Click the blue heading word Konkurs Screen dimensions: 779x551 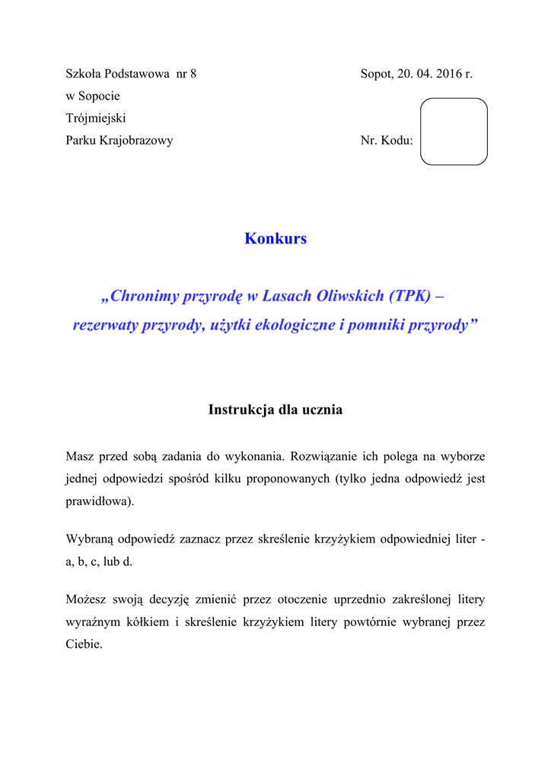(x=275, y=239)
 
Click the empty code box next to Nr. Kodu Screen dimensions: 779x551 (x=454, y=132)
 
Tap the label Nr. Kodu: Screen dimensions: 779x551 (x=387, y=141)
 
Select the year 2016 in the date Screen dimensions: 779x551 (x=450, y=75)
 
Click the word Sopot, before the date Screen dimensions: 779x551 (x=377, y=75)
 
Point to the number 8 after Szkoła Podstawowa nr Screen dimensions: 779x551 (x=193, y=75)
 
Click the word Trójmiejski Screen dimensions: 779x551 (x=96, y=119)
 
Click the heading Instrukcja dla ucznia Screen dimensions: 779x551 (x=275, y=410)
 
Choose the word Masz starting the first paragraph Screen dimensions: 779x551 (x=80, y=457)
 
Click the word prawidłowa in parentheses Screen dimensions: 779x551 (x=98, y=501)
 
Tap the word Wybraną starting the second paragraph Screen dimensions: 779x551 (x=89, y=539)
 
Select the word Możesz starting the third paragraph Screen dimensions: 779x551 (x=86, y=599)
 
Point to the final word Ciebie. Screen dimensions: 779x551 (x=84, y=644)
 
